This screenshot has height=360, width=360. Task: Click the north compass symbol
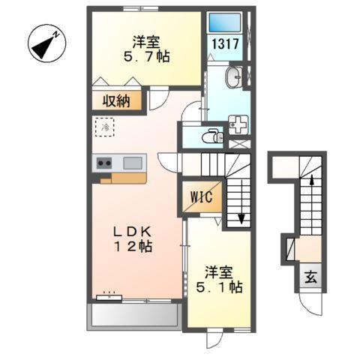tap(46, 44)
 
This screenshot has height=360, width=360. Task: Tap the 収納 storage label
tap(117, 100)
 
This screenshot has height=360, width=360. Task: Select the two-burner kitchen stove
tap(103, 163)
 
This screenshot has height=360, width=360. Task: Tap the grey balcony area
tap(133, 316)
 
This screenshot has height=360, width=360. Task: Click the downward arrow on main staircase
tap(241, 217)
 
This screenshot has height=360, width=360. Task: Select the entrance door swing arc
tap(309, 304)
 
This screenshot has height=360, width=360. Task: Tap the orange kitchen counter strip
tap(123, 178)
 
